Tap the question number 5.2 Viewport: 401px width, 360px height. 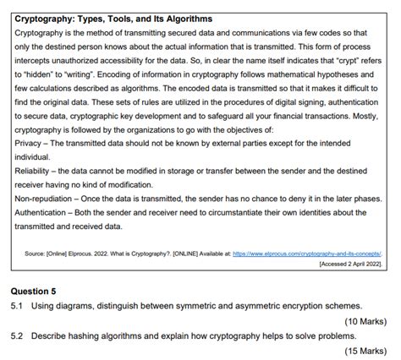tap(18, 335)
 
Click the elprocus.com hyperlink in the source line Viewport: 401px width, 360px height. tap(307, 253)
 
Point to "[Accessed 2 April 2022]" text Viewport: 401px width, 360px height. tap(350, 264)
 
